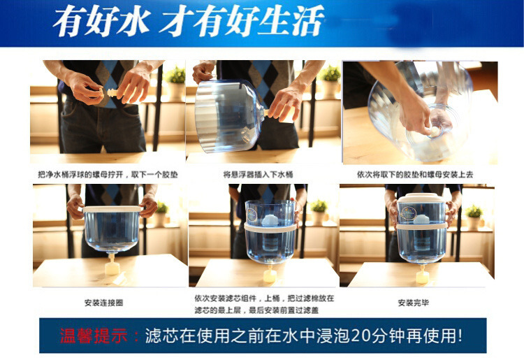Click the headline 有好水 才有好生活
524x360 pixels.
click(x=188, y=21)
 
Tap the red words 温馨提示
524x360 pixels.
click(x=94, y=336)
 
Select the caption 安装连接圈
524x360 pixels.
click(x=103, y=303)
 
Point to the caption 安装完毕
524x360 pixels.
click(x=414, y=303)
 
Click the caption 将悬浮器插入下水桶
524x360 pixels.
click(x=258, y=174)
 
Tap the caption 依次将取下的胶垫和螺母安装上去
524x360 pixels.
click(x=415, y=174)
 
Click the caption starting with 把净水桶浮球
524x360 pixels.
click(x=108, y=174)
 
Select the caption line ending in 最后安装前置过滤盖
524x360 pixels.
click(x=256, y=310)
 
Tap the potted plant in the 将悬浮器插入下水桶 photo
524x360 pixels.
click(x=330, y=81)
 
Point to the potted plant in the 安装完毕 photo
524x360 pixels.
click(x=474, y=217)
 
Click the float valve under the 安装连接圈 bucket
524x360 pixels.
click(x=112, y=265)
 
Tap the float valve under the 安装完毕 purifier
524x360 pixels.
click(x=423, y=275)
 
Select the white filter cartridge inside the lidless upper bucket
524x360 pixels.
click(x=270, y=219)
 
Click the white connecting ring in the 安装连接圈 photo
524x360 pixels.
click(x=112, y=209)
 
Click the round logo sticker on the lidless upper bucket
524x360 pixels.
click(x=252, y=215)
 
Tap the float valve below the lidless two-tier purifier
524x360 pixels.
click(x=270, y=275)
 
